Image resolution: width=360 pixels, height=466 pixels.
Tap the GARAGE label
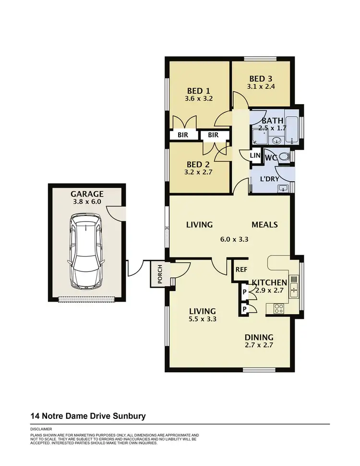coord(87,194)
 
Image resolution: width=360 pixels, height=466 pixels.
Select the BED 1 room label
coord(198,90)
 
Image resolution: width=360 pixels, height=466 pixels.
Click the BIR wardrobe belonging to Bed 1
coord(183,135)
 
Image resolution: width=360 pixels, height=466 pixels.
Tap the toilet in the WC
coord(283,156)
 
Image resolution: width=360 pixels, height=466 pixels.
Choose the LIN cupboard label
coord(255,156)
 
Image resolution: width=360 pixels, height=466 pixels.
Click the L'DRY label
coord(270,179)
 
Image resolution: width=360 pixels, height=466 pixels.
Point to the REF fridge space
coord(241,270)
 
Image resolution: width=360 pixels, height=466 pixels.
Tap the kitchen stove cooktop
coord(278,307)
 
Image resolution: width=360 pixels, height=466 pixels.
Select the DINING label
coord(259,337)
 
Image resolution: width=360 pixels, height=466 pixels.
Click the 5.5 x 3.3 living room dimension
coord(202,318)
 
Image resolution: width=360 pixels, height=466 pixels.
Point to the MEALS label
coord(265,224)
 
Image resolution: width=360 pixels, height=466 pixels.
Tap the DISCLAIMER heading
coord(41,429)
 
